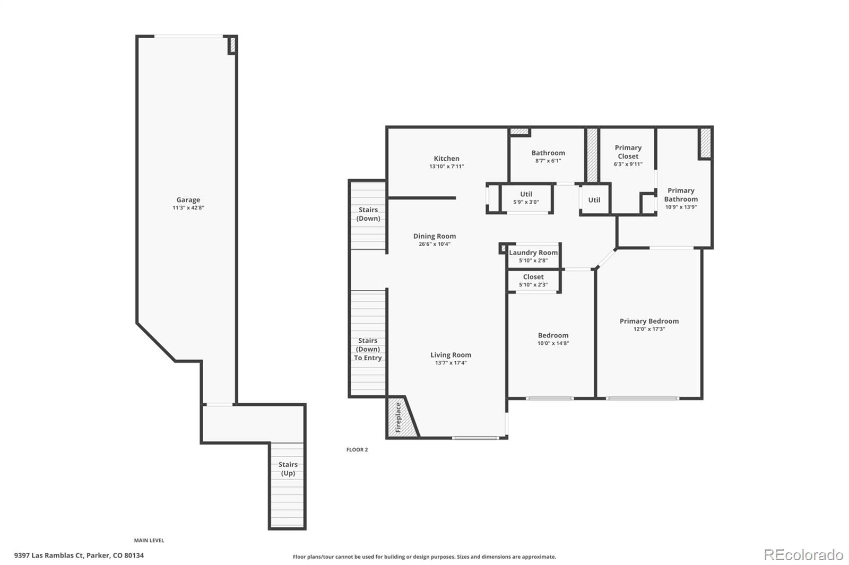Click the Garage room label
(188, 200)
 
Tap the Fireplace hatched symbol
(400, 418)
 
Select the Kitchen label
(446, 158)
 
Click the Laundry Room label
(533, 253)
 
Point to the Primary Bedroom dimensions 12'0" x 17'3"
(649, 329)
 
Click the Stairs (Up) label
(288, 468)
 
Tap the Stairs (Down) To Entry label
(368, 349)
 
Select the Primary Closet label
(628, 152)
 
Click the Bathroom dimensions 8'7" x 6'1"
(548, 161)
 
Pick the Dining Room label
(435, 236)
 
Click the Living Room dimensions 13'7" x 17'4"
(451, 363)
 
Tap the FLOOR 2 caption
(357, 449)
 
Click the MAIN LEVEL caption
(149, 540)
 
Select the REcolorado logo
(803, 555)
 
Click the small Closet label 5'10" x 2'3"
(533, 277)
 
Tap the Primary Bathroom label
(681, 195)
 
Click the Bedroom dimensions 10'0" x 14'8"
(553, 343)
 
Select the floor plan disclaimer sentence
(424, 557)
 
